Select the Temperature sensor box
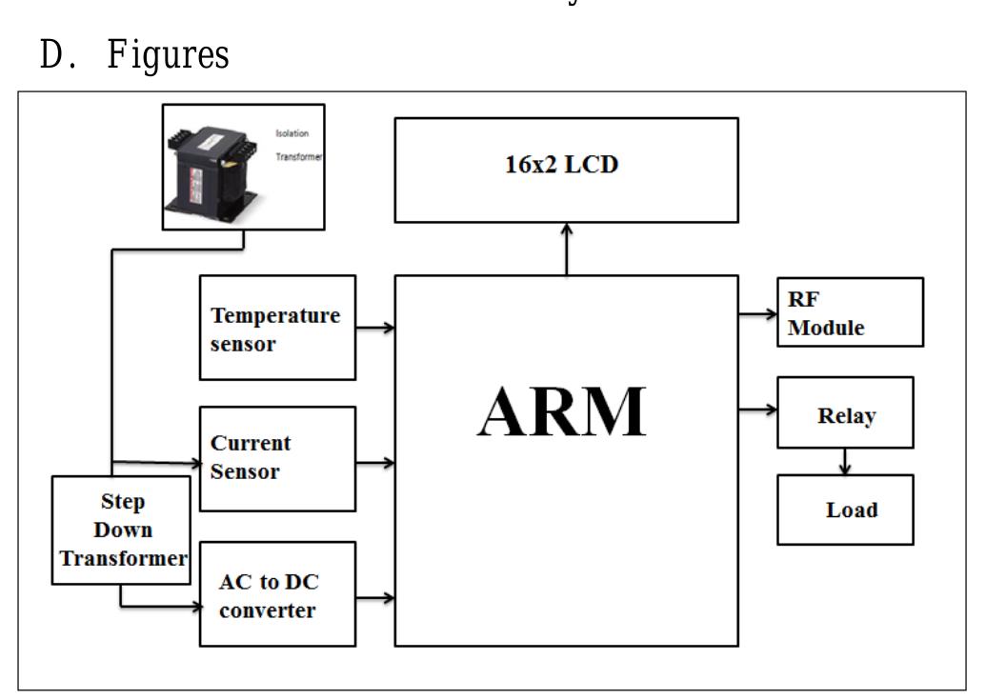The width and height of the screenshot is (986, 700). point(277,328)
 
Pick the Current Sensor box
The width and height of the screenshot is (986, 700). point(277,458)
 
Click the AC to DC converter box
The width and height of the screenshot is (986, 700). point(277,594)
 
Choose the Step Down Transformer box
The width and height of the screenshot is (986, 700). point(122,530)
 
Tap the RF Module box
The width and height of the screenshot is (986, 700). point(850,311)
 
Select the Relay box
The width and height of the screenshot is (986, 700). point(845,412)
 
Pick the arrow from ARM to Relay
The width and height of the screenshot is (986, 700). point(758,410)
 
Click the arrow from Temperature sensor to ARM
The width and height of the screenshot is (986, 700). point(375,328)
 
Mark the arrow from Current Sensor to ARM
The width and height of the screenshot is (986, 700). point(375,464)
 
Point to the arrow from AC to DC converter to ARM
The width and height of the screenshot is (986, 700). point(375,598)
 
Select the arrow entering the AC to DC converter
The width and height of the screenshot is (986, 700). point(171,605)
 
